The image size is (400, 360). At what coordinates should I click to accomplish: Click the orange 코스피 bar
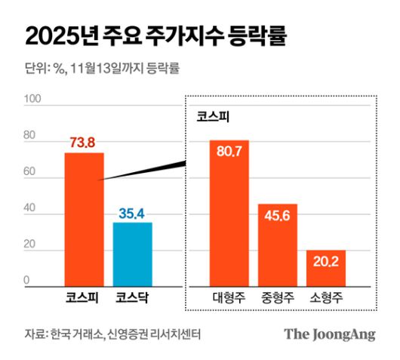point(84,219)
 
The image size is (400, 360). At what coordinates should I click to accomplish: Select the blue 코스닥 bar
point(132,254)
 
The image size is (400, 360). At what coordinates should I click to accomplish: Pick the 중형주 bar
point(278,245)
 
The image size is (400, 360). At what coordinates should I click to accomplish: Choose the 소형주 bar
point(326,267)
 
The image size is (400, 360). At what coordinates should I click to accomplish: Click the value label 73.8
point(84,143)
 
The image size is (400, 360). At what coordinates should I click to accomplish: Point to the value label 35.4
point(132,213)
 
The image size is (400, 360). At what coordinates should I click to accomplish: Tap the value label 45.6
point(278,194)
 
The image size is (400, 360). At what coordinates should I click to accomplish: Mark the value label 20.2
point(326,240)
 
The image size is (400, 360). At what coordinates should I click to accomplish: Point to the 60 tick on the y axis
point(29,172)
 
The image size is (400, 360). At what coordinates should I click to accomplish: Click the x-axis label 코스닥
point(132,297)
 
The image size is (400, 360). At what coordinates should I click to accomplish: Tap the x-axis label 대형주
point(229,297)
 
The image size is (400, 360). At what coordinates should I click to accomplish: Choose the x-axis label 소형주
point(326,297)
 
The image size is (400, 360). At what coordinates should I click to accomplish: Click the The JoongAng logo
point(329,334)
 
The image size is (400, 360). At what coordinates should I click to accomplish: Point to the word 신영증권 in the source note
point(128,334)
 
